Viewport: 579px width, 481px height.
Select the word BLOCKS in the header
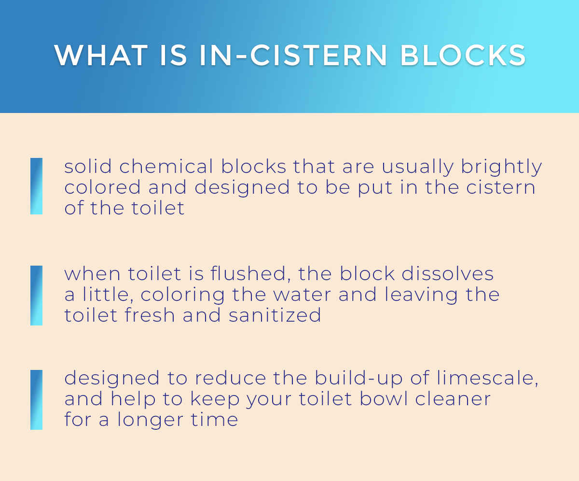click(463, 56)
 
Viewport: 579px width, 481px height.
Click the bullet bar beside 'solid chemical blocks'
click(36, 186)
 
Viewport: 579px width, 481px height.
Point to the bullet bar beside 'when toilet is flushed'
click(36, 295)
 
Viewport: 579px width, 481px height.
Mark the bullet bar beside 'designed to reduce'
click(36, 399)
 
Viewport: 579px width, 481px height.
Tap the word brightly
click(501, 168)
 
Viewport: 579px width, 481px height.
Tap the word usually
click(418, 168)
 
